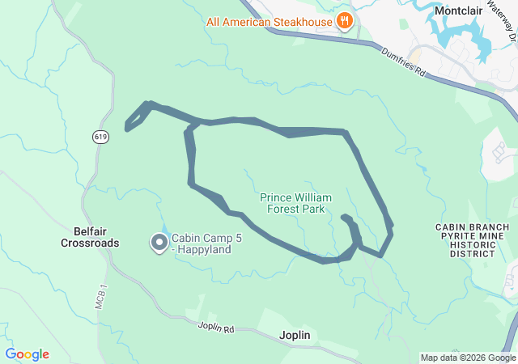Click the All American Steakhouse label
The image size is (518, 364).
click(x=269, y=21)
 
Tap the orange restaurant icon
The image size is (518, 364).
click(x=345, y=21)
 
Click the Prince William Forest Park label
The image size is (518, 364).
click(x=292, y=202)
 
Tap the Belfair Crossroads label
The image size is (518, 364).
click(x=91, y=236)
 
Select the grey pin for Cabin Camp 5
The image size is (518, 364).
click(x=159, y=243)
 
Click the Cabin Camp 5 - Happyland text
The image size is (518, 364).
click(x=201, y=244)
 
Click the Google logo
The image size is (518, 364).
click(x=27, y=354)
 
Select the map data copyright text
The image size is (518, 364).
click(x=467, y=358)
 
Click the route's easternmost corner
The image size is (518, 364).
click(x=392, y=231)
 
